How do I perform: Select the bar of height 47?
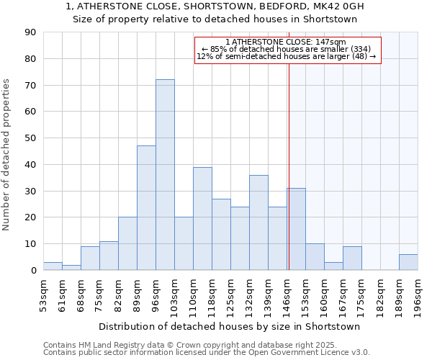click(146, 208)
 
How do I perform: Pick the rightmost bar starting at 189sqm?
click(408, 262)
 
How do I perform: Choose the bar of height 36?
click(258, 222)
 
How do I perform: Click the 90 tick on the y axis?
click(30, 32)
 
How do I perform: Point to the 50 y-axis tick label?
click(30, 138)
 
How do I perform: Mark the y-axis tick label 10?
click(30, 244)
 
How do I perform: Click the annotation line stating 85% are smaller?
click(287, 49)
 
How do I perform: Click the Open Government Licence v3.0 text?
click(310, 353)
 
